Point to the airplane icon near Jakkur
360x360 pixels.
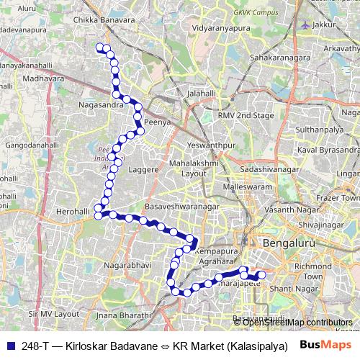(306, 25)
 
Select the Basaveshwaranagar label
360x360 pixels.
(181, 207)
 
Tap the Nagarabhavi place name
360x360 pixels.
(127, 265)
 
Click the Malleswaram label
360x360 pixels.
(245, 186)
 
